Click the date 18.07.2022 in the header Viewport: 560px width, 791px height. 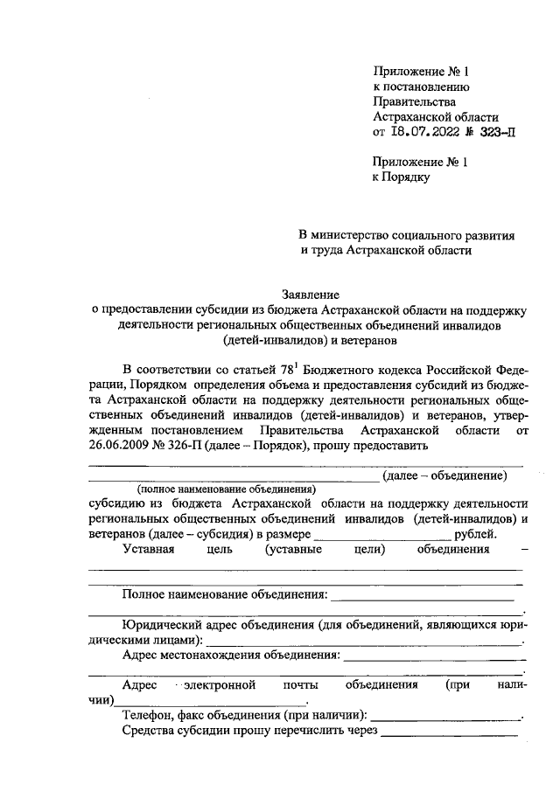pyautogui.click(x=424, y=133)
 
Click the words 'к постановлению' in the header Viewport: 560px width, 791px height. pyautogui.click(x=423, y=87)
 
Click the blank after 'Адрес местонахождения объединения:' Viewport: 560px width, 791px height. pyautogui.click(x=434, y=656)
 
